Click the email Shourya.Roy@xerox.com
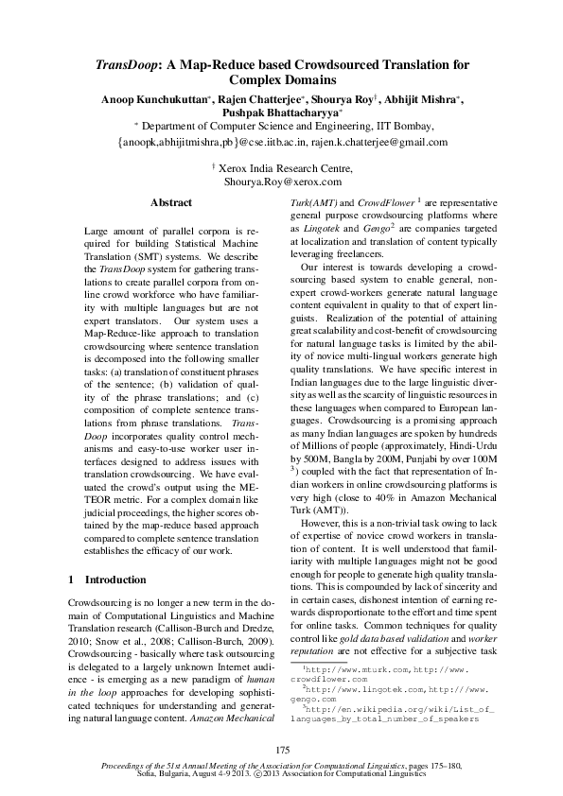click(x=281, y=181)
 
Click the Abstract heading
click(x=171, y=203)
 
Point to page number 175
click(x=281, y=749)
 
